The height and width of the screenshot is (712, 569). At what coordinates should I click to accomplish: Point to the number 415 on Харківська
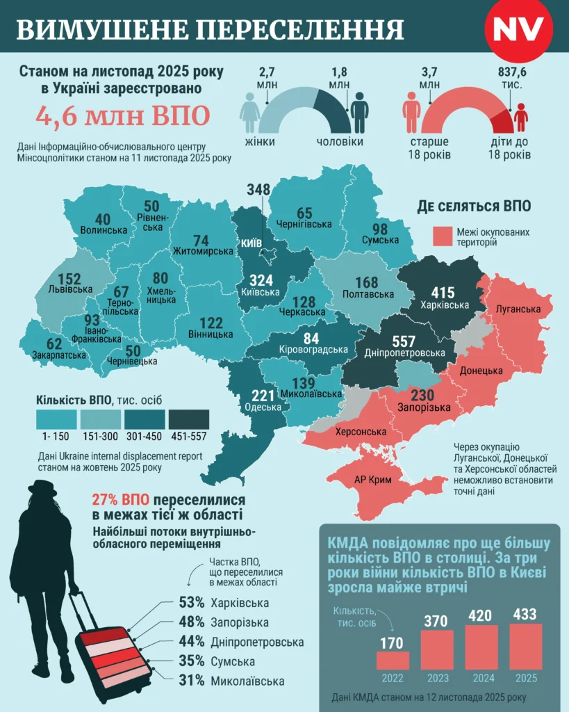click(x=443, y=292)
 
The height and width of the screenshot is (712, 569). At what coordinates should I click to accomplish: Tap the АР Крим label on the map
click(x=374, y=480)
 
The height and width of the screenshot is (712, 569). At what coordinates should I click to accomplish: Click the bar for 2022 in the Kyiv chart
click(x=393, y=660)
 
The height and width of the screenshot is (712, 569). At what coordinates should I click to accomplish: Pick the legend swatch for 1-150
click(x=56, y=419)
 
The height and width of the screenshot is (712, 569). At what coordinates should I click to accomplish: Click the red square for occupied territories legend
click(x=443, y=236)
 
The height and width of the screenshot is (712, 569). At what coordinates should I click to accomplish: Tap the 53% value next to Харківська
click(x=190, y=602)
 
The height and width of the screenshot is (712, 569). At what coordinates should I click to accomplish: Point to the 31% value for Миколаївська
click(x=190, y=681)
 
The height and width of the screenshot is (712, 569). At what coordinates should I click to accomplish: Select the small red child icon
click(x=520, y=117)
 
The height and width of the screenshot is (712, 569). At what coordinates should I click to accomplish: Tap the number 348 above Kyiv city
click(x=258, y=190)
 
